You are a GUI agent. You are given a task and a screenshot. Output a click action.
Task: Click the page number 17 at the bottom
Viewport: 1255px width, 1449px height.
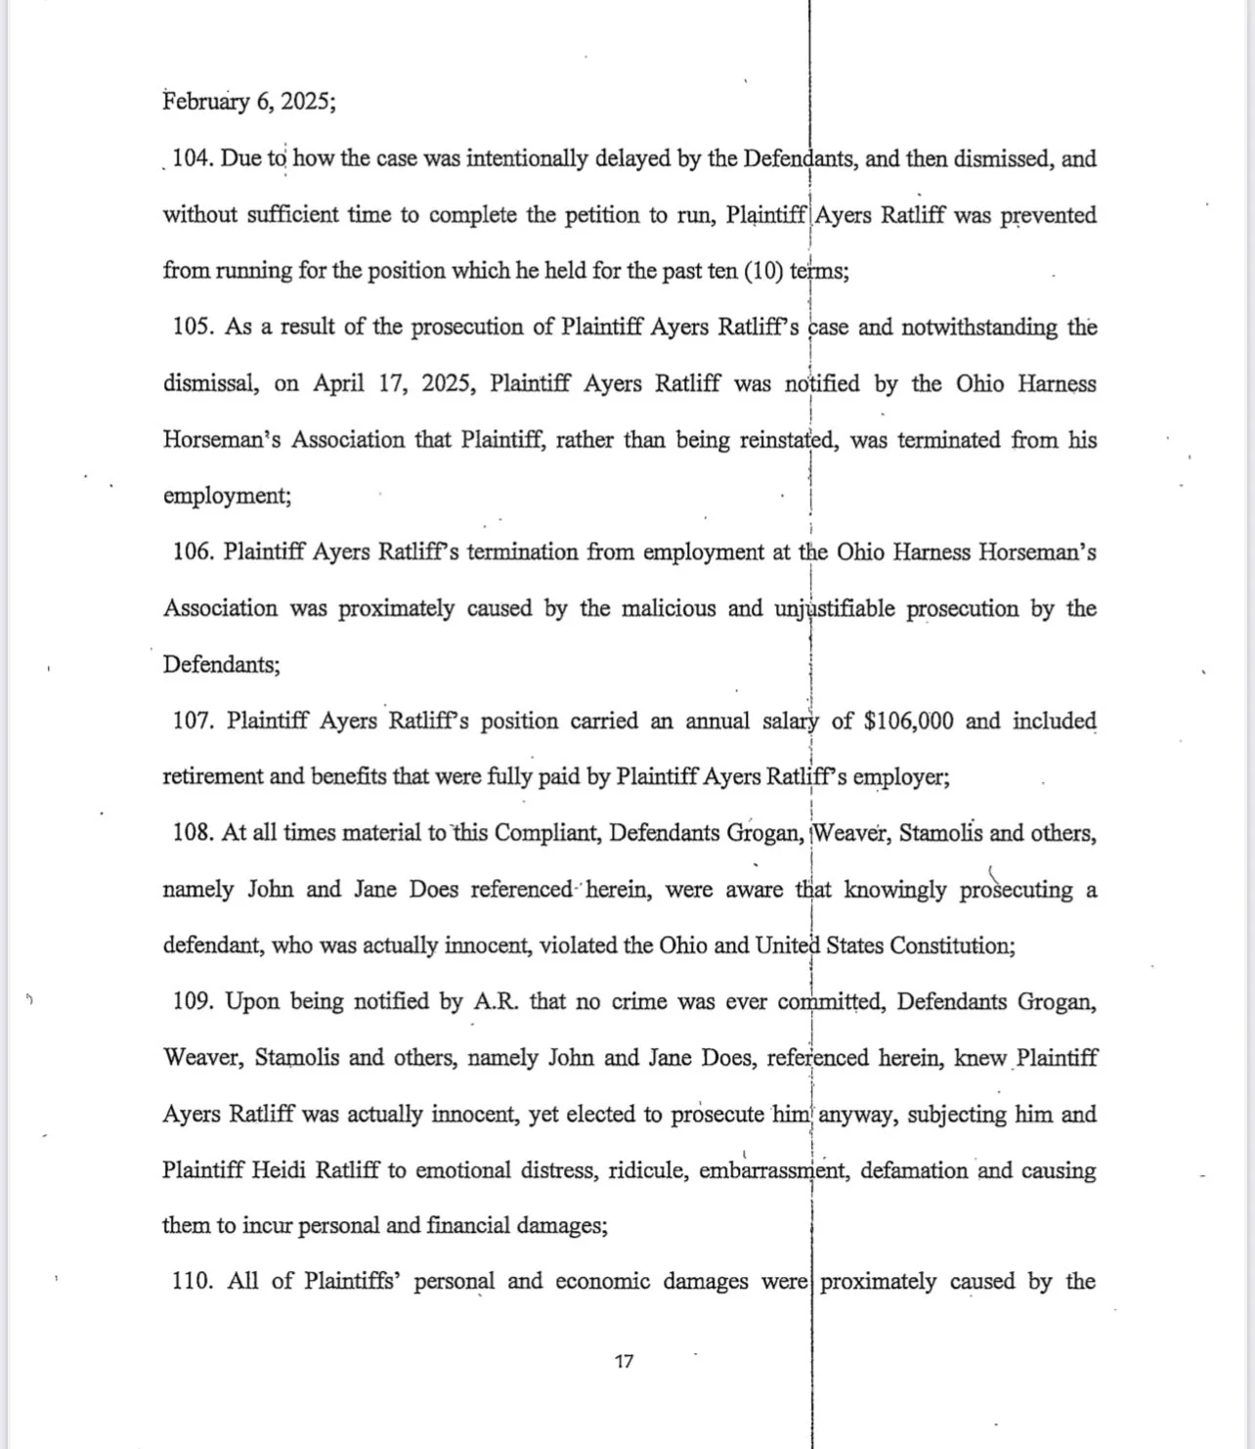pyautogui.click(x=625, y=1360)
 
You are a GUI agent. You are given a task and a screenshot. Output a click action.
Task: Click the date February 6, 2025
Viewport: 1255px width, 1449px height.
pyautogui.click(x=249, y=102)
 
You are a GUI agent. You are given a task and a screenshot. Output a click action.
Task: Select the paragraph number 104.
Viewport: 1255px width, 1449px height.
pyautogui.click(x=193, y=158)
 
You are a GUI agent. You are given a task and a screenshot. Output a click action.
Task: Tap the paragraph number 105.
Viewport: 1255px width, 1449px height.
pyautogui.click(x=194, y=327)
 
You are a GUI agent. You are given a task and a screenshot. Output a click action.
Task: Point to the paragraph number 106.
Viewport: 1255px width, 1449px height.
pyautogui.click(x=194, y=551)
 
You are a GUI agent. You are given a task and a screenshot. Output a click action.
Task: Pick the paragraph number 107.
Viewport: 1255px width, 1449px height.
pyautogui.click(x=194, y=721)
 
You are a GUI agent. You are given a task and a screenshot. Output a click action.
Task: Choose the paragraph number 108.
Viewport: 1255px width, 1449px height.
pyautogui.click(x=193, y=833)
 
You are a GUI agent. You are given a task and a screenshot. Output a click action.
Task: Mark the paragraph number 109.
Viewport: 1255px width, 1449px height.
pyautogui.click(x=194, y=1001)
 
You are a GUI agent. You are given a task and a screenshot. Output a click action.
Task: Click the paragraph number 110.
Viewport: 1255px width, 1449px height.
pyautogui.click(x=193, y=1281)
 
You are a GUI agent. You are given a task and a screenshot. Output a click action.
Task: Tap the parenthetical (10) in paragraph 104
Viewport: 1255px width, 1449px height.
pyautogui.click(x=763, y=271)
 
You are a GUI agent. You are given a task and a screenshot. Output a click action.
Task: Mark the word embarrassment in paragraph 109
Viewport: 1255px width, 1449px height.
pyautogui.click(x=773, y=1170)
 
